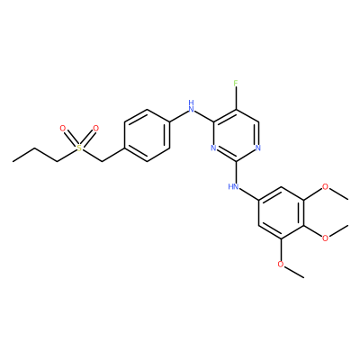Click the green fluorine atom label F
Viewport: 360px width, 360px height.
[236, 83]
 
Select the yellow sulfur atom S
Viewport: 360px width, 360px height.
[79, 148]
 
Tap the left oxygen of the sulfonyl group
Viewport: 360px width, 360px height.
[63, 129]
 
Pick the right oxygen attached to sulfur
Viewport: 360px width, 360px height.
[95, 129]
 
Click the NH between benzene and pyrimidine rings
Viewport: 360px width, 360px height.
[191, 106]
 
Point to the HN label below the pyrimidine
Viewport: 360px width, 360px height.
[234, 186]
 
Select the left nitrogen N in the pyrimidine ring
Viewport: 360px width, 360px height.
[213, 148]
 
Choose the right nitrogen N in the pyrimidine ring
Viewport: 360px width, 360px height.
[258, 148]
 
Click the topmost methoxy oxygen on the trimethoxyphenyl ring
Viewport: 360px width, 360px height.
[325, 186]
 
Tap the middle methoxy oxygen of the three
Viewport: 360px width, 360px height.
[325, 238]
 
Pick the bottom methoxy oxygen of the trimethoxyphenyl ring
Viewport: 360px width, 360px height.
[281, 264]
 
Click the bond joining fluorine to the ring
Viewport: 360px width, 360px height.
[236, 98]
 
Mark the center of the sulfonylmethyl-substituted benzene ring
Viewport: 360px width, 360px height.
[147, 135]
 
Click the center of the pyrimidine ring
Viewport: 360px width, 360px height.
[236, 135]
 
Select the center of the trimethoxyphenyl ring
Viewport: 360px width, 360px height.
[281, 212]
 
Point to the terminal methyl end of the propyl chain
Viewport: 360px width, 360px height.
[13, 161]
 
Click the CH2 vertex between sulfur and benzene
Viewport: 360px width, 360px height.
[102, 161]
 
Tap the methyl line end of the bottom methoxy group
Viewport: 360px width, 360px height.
[303, 277]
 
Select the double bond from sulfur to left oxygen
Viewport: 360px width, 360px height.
[71, 138]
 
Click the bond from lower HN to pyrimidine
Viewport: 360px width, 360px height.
[236, 172]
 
